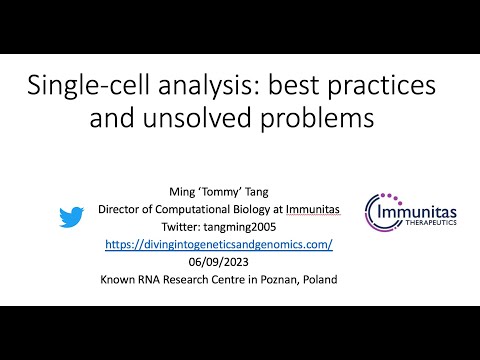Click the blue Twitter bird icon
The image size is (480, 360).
click(69, 217)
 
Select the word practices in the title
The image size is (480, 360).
click(387, 85)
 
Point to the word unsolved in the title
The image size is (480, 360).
click(206, 118)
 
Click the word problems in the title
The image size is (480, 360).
click(314, 118)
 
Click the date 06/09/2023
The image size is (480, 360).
click(216, 262)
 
